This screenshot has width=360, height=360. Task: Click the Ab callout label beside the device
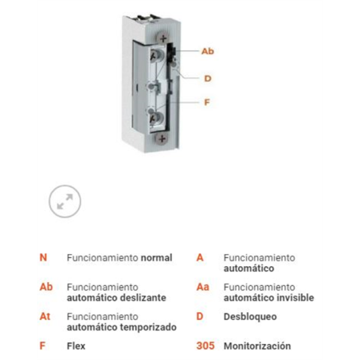207,51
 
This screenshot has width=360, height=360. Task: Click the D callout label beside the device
207,78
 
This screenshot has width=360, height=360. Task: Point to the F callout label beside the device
207,102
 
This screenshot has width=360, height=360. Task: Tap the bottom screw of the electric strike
163,138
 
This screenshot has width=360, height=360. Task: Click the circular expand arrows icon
65,202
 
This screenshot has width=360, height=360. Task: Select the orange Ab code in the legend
45,287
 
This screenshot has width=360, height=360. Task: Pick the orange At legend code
45,315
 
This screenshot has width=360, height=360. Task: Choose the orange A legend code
200,258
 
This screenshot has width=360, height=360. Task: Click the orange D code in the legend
200,317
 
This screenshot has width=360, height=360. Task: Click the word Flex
76,346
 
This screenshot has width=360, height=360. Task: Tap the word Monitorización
257,346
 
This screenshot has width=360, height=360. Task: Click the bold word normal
155,258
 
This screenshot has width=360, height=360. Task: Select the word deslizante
143,297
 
